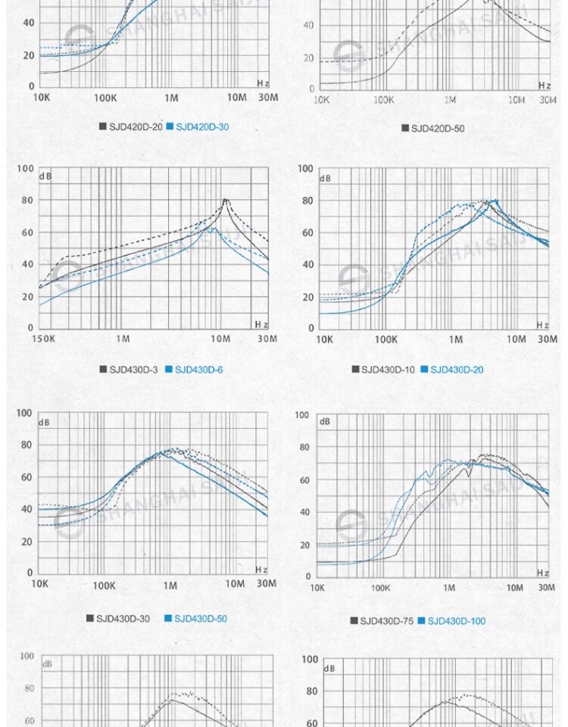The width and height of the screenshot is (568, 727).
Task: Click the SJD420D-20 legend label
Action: click(x=136, y=126)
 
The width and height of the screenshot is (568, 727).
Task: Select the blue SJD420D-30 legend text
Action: click(x=202, y=126)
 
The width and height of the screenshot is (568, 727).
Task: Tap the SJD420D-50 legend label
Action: click(x=438, y=128)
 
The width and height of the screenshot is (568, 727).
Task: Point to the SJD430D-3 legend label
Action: click(x=133, y=370)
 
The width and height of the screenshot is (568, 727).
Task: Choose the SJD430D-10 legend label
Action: click(x=388, y=370)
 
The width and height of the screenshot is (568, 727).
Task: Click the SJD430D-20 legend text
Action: click(x=457, y=370)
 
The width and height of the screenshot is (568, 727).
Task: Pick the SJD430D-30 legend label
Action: click(x=123, y=619)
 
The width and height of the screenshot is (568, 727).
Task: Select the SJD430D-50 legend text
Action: click(x=201, y=619)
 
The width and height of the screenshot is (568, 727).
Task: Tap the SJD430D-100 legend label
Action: click(x=457, y=621)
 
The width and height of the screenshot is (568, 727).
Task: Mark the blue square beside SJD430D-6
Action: click(x=169, y=370)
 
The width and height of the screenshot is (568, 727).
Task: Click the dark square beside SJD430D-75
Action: click(x=354, y=621)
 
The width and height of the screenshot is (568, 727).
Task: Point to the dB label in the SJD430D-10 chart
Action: click(x=325, y=179)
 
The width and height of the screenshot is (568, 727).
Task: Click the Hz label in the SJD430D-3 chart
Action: click(x=261, y=324)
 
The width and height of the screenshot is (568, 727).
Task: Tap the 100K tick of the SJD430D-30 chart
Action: click(x=104, y=585)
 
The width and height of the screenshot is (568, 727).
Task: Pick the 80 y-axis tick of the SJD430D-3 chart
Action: click(x=27, y=201)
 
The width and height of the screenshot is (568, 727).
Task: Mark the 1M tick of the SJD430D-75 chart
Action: click(x=449, y=588)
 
